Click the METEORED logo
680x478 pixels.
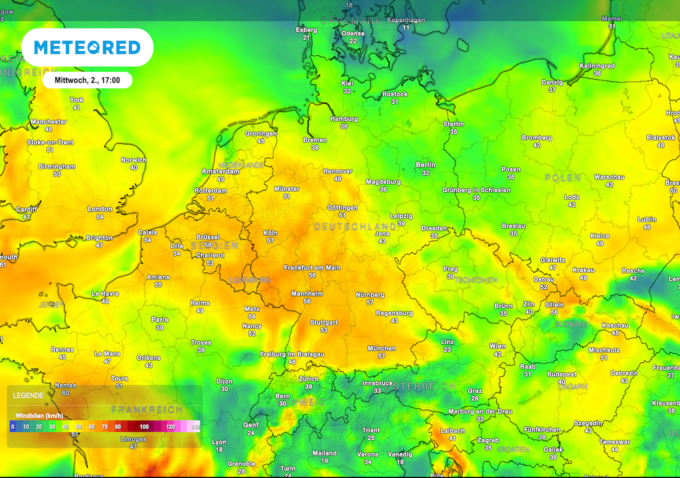87,47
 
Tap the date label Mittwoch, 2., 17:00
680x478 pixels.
87,80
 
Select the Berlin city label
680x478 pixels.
425,165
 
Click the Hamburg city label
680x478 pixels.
343,119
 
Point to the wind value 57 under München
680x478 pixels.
381,356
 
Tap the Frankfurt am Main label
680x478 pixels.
312,268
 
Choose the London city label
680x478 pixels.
100,209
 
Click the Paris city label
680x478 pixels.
159,319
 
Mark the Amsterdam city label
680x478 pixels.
220,171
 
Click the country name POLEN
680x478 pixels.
562,178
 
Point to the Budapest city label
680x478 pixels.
561,374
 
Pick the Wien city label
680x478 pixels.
497,346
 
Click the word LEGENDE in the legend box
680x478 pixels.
28,395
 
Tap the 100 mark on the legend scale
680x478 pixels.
144,427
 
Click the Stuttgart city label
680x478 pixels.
323,323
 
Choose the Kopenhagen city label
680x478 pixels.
405,21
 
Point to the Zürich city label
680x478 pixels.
308,379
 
